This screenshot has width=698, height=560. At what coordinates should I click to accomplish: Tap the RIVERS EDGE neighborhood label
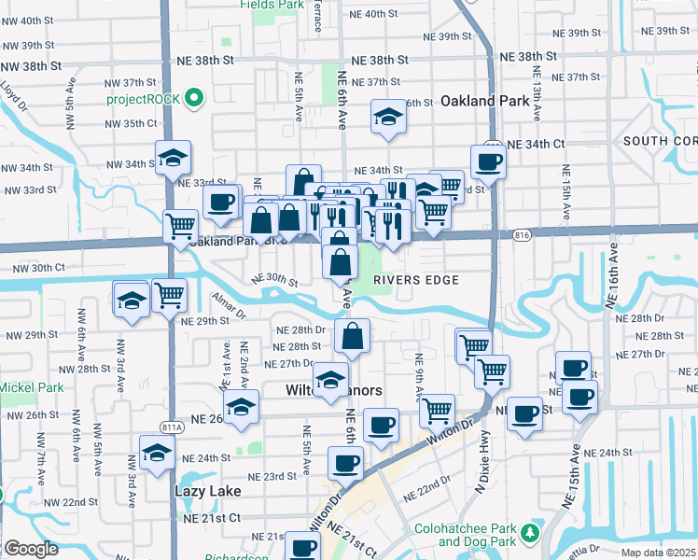(x=417, y=280)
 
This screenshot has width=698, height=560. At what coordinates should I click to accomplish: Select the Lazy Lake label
(x=208, y=490)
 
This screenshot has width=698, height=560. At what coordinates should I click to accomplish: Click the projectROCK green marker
(x=194, y=98)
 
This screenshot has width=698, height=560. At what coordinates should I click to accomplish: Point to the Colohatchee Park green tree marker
(x=530, y=533)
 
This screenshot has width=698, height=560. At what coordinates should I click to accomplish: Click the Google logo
(x=31, y=549)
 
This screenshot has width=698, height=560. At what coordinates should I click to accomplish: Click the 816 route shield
(x=522, y=236)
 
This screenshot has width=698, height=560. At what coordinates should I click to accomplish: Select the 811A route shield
(x=171, y=427)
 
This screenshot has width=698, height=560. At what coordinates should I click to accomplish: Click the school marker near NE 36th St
(x=387, y=117)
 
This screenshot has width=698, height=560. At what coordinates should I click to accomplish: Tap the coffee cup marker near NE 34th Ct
(x=488, y=162)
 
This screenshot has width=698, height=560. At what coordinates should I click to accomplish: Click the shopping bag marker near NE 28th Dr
(x=353, y=337)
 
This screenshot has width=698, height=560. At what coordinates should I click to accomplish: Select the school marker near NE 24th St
(x=157, y=453)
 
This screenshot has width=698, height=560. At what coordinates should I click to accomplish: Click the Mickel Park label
(x=32, y=387)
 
